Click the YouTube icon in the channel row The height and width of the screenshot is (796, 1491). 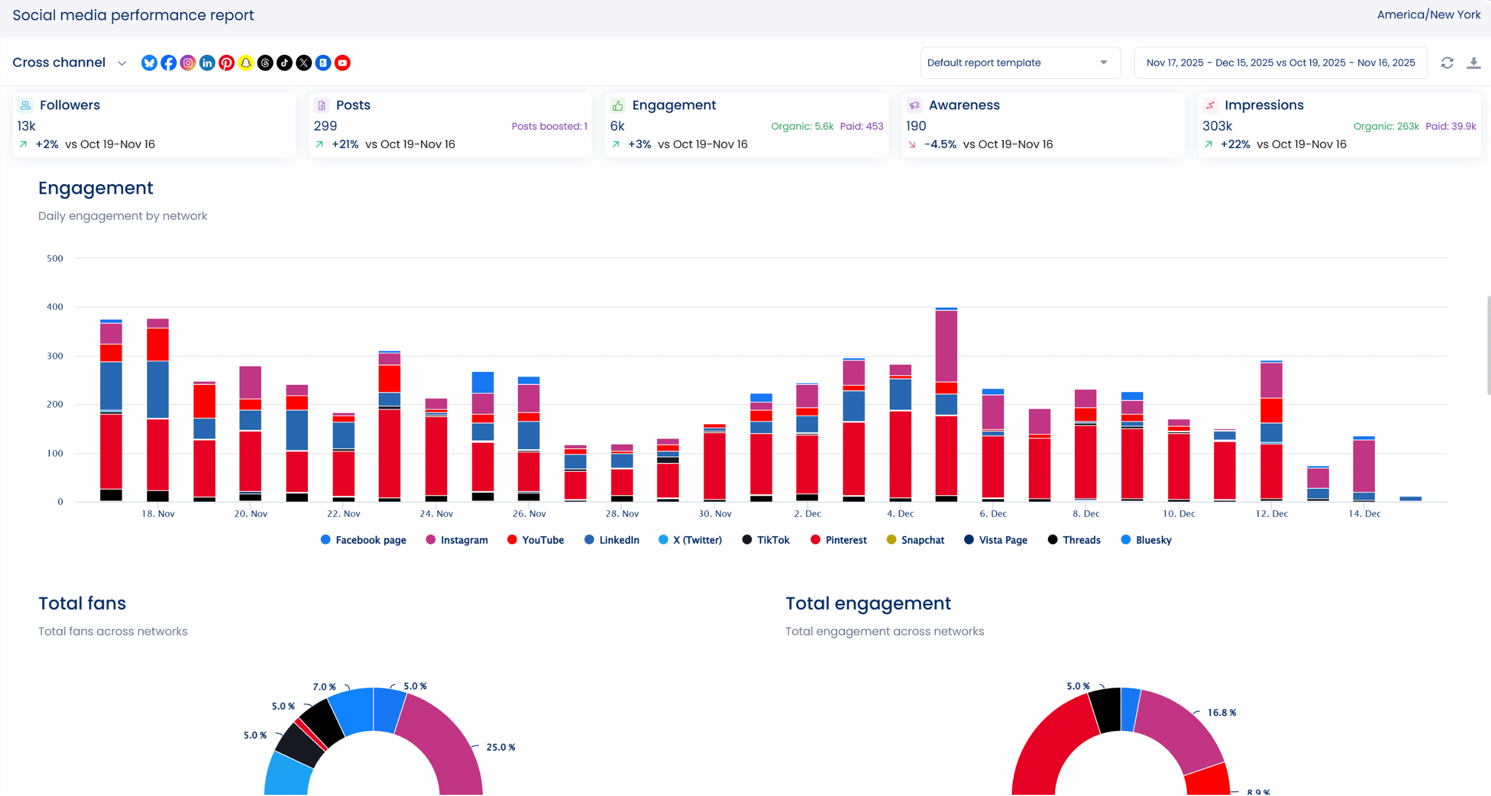(342, 63)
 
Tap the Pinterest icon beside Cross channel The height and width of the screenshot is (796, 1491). (226, 63)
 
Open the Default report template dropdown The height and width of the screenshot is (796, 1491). (1019, 63)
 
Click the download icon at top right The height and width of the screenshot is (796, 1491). (1473, 63)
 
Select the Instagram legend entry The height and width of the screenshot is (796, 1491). (457, 540)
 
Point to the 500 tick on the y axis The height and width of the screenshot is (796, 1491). (55, 259)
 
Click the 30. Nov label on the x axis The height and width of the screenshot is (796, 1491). (715, 514)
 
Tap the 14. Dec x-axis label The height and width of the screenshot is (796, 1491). (1364, 514)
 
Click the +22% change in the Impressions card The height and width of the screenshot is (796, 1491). (1235, 144)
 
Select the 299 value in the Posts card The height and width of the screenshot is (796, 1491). (325, 126)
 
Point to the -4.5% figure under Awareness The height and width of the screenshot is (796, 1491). (940, 144)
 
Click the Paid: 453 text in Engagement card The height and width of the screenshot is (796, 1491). (861, 126)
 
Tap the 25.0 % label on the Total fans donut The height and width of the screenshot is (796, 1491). (500, 747)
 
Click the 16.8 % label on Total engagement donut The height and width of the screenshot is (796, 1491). (1221, 713)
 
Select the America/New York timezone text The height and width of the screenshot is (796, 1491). (1428, 15)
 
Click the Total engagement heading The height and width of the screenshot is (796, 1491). (868, 604)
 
